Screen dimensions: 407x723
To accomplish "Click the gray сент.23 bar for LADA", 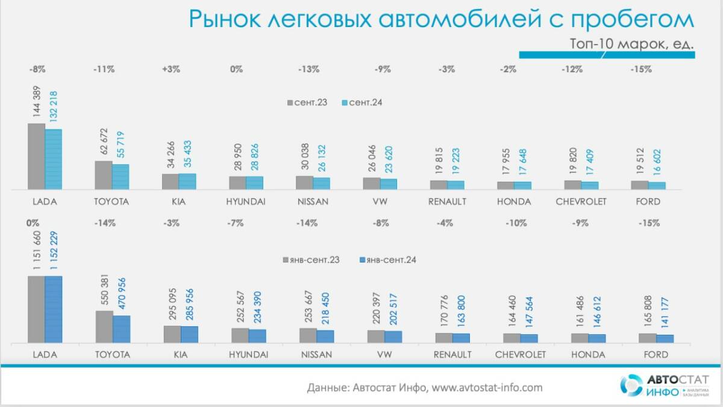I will point(36,157).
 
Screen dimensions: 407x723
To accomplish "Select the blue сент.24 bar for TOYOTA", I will point(120,177).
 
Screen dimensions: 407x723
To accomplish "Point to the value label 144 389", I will point(36,104).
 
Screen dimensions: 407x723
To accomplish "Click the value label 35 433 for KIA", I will point(188,155).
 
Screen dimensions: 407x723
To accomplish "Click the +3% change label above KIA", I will point(171,69).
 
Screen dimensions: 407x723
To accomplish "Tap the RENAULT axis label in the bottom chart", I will point(452,355).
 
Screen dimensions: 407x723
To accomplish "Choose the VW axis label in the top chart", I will point(380,202).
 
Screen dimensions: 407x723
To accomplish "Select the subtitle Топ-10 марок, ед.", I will point(631,44).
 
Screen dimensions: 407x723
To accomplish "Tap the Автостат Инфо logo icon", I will point(631,386).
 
